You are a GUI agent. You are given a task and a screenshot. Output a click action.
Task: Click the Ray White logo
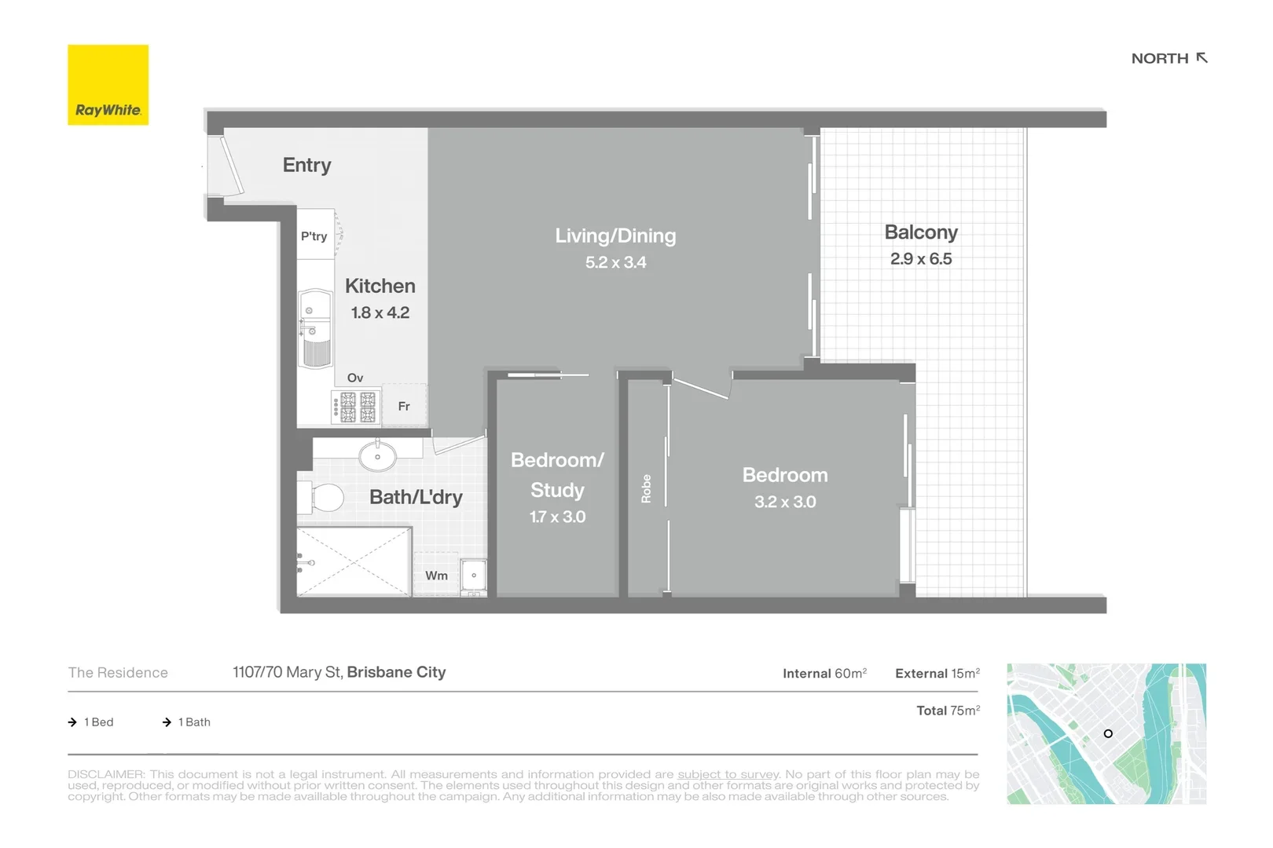point(108,85)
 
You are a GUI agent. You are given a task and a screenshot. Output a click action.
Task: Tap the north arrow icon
point(1201,58)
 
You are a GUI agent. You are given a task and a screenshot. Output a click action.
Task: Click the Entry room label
point(306,165)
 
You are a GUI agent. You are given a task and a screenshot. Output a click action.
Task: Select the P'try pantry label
point(314,236)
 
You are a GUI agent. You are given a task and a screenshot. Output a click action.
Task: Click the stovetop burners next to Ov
point(358,407)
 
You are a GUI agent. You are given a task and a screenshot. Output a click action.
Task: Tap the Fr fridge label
point(404,406)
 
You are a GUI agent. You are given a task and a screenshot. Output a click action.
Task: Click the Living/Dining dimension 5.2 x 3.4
point(615,263)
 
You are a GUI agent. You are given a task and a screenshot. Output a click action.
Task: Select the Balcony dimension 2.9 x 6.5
point(920,259)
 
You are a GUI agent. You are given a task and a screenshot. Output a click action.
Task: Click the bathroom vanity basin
point(377,456)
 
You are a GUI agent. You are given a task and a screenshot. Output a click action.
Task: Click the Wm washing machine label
point(436,576)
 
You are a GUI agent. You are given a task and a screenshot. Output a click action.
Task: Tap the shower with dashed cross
point(354,561)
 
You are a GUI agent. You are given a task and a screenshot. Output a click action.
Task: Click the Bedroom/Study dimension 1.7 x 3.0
point(557,517)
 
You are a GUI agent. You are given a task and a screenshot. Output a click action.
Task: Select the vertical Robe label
point(646,488)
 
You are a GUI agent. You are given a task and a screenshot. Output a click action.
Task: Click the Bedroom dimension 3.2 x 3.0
point(785,503)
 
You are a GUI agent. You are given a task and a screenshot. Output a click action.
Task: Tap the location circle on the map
point(1108,733)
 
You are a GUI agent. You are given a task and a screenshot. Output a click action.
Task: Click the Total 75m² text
point(948,711)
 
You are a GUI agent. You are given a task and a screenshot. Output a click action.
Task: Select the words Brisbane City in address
point(396,672)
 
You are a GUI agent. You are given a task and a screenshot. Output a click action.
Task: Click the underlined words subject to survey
point(728,774)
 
